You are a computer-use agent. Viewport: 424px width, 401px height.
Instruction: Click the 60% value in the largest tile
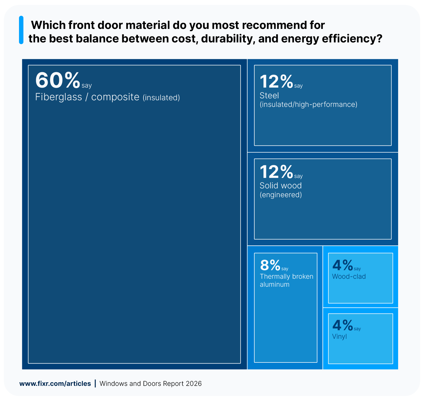point(58,80)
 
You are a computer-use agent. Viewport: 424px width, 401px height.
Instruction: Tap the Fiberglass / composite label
point(87,97)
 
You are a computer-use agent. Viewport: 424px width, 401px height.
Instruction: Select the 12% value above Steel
point(276,82)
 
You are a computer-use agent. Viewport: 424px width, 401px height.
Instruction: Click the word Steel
point(269,96)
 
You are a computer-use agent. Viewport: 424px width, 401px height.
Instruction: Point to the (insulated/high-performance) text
point(308,105)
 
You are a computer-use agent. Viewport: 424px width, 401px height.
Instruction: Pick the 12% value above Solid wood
point(276,172)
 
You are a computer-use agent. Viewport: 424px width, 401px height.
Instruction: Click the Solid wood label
point(281,186)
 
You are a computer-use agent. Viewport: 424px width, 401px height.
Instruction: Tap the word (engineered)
point(281,195)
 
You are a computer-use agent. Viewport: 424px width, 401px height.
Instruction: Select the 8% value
point(270,265)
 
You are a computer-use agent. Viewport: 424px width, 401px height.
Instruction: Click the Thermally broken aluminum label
point(286,280)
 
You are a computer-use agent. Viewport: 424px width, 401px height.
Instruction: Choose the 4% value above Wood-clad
point(342,265)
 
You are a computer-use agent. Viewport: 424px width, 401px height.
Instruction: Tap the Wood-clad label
point(349,277)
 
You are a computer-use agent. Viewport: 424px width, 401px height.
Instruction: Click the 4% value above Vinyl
point(342,325)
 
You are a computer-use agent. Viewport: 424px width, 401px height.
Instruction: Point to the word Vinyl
point(339,337)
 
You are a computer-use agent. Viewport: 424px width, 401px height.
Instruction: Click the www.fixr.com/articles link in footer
point(55,384)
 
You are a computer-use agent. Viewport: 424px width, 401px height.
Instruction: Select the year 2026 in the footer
point(194,384)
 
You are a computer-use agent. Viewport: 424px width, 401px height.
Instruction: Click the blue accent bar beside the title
point(21,30)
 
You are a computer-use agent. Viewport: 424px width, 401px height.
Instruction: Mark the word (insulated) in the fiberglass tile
point(161,98)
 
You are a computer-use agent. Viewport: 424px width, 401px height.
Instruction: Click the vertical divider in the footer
point(95,383)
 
